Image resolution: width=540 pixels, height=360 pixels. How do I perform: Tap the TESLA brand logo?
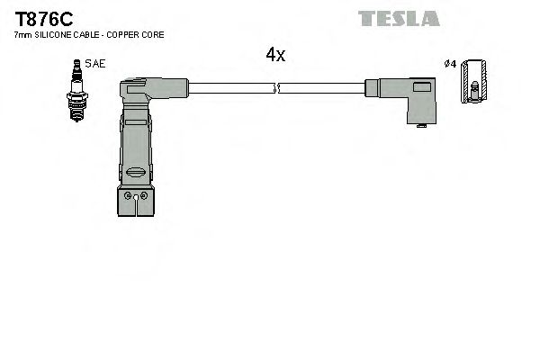pyautogui.click(x=398, y=18)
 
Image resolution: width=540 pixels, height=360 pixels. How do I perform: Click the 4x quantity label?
pyautogui.click(x=275, y=56)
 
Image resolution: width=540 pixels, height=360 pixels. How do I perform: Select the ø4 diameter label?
pyautogui.click(x=450, y=64)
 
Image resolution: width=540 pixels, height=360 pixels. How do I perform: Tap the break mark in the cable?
pyautogui.click(x=277, y=87)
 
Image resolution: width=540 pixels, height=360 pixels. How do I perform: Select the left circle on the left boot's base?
pyautogui.click(x=129, y=195)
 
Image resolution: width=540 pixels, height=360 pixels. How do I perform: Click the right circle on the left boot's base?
pyautogui.click(x=141, y=195)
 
